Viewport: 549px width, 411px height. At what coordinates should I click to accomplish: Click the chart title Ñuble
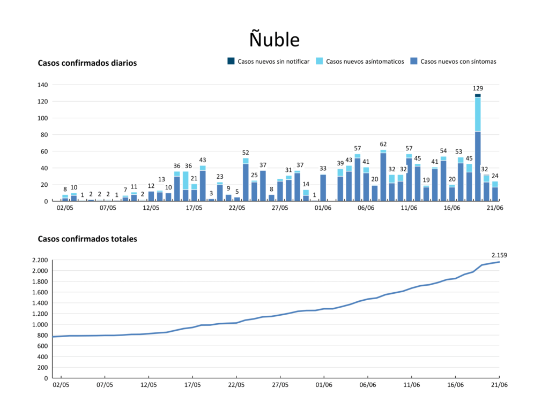(274, 40)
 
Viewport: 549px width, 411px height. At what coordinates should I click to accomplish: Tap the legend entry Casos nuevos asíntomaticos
(360, 62)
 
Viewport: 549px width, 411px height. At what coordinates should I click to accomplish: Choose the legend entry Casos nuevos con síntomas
(454, 62)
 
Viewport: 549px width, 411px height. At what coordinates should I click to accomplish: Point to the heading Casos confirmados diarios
(87, 63)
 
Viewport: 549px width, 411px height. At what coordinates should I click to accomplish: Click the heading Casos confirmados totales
(87, 239)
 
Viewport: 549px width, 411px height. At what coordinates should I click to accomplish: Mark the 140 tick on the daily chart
(43, 85)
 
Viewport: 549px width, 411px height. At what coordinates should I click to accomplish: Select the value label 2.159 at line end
(499, 255)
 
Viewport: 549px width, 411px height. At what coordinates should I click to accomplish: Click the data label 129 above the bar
(478, 88)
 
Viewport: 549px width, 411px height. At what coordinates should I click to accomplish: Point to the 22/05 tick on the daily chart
(237, 208)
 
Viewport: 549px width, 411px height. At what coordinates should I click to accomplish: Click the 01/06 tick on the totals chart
(324, 384)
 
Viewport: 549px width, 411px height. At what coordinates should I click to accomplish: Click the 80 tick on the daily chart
(45, 135)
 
